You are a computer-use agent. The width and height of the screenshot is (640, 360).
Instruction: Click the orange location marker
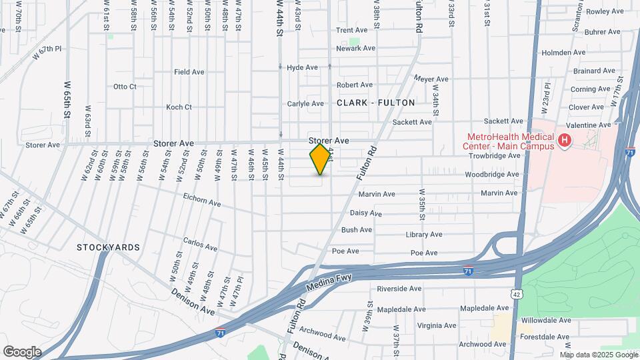321,159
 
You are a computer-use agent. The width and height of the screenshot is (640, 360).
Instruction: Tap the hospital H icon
565,140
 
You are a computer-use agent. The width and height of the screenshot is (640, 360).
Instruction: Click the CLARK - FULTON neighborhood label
376,103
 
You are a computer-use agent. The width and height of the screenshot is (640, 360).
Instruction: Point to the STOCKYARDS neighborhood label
108,247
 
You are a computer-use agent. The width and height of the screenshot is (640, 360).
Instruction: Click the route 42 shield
517,294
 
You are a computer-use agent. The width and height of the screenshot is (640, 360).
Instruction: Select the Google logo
22,351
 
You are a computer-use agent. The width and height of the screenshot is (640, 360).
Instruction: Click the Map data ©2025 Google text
598,354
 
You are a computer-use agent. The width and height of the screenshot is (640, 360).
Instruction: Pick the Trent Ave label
352,31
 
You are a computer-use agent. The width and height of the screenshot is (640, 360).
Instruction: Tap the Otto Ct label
125,87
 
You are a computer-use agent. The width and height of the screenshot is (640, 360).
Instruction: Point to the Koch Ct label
179,107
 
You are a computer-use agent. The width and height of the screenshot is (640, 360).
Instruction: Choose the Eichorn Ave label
201,202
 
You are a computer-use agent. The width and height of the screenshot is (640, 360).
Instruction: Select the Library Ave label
424,235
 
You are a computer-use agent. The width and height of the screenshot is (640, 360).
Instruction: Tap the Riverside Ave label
399,289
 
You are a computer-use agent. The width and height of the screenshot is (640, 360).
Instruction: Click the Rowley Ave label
604,11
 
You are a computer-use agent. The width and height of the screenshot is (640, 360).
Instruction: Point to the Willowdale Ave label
546,320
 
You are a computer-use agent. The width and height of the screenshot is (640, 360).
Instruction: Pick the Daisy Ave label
366,213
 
